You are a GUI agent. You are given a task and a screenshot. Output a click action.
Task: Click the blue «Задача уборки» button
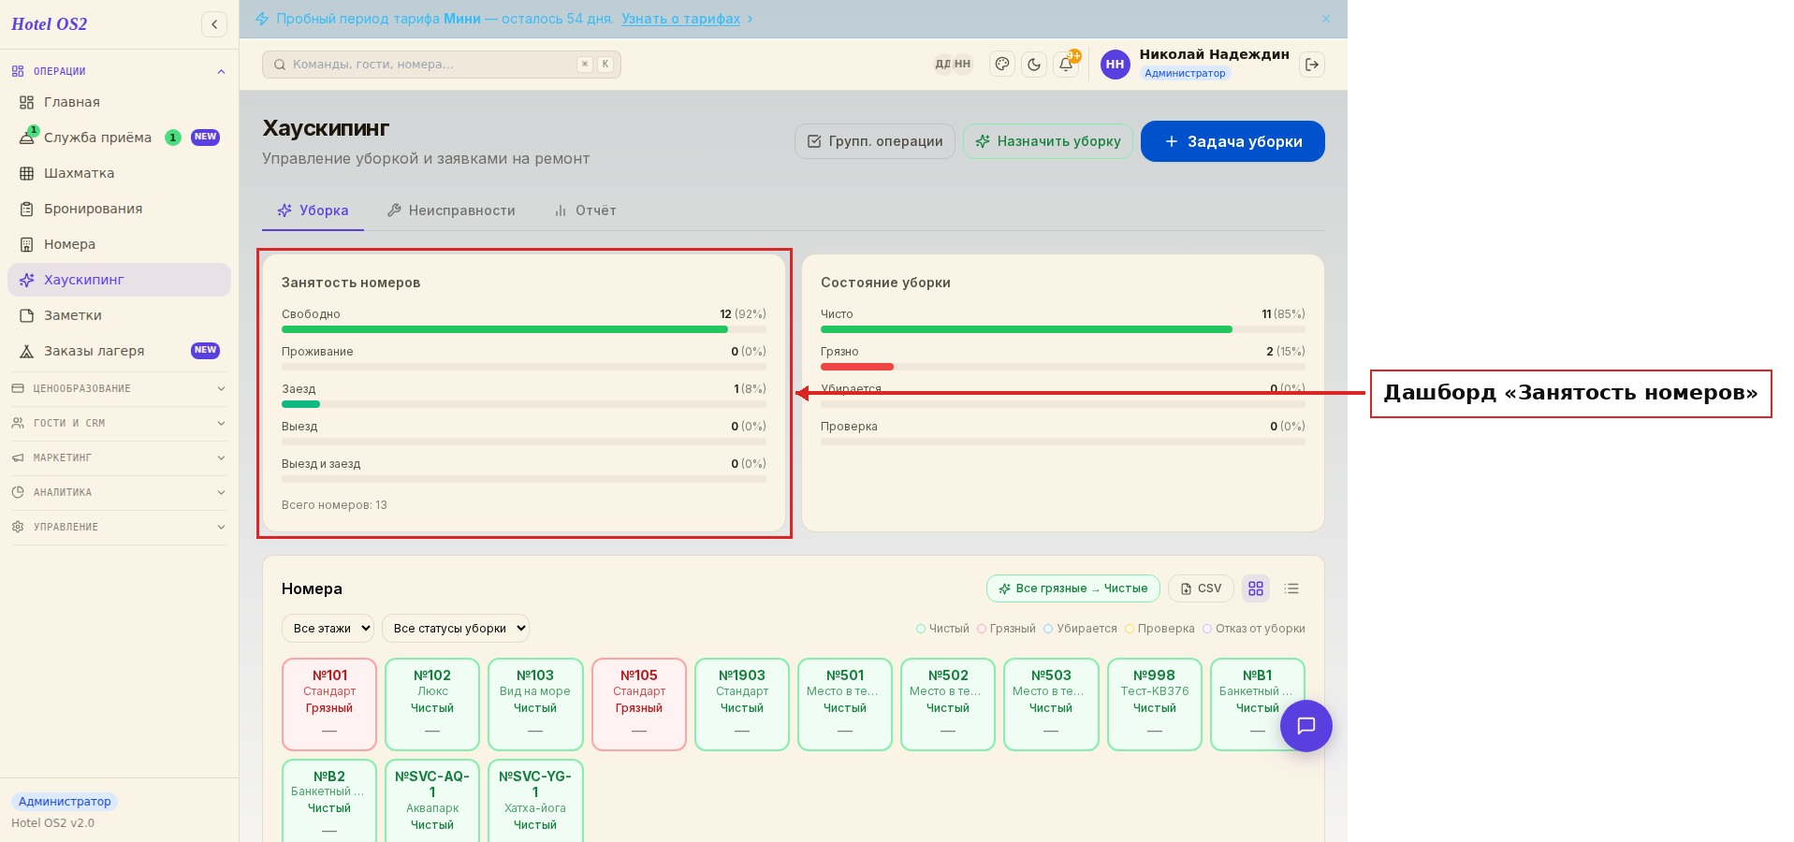coord(1232,141)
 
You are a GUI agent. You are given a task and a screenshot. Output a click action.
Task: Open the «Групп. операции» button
coord(875,141)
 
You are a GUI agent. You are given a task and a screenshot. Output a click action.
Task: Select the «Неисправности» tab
coord(451,210)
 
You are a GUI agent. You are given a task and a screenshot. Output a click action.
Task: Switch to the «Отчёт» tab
coord(585,210)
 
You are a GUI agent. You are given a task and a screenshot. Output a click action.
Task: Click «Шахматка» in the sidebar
coord(80,173)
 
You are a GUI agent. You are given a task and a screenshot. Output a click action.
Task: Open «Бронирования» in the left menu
coord(93,209)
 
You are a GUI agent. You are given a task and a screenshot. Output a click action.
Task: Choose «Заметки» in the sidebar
coord(73,315)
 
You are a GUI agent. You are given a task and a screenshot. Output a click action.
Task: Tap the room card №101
coord(329,704)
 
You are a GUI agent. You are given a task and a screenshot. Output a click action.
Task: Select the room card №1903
coord(742,704)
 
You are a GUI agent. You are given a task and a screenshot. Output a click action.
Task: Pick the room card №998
coord(1155,704)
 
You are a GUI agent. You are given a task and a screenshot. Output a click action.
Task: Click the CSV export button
coord(1201,588)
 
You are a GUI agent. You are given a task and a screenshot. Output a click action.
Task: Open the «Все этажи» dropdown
coord(328,629)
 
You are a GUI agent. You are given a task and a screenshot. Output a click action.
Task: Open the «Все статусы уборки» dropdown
coord(456,629)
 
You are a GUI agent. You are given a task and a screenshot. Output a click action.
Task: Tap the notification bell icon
coord(1066,65)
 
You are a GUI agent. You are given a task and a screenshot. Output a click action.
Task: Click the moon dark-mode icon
coord(1034,65)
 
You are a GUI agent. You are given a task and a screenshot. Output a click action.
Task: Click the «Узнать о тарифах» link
coord(680,19)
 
